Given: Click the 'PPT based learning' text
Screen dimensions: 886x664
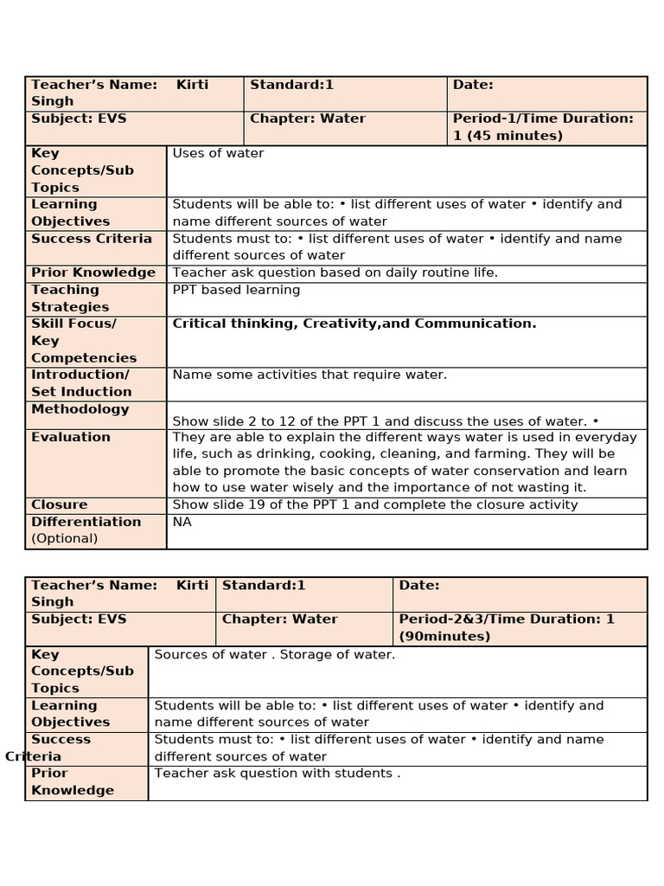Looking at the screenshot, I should click(236, 290).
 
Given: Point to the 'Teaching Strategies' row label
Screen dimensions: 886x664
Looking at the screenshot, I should click(70, 299).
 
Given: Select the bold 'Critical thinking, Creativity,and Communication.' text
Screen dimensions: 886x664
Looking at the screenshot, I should click(354, 324).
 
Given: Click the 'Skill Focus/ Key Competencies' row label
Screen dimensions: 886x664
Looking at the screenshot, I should click(84, 341).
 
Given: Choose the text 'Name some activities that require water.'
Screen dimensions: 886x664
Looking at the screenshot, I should click(310, 375).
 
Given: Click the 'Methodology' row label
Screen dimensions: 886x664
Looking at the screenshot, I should click(80, 409).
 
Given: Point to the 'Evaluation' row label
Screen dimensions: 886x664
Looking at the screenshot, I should click(71, 437).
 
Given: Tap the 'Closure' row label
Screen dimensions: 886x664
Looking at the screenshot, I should click(59, 504).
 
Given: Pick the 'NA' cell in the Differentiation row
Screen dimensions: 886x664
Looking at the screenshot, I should click(182, 522).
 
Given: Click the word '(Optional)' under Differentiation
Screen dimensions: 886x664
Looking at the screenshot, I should click(65, 538).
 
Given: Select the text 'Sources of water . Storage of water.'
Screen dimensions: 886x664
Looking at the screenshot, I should click(274, 654).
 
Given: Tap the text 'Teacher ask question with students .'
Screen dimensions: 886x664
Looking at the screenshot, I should click(277, 774).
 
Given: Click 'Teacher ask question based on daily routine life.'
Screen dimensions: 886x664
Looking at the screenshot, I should click(335, 273).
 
